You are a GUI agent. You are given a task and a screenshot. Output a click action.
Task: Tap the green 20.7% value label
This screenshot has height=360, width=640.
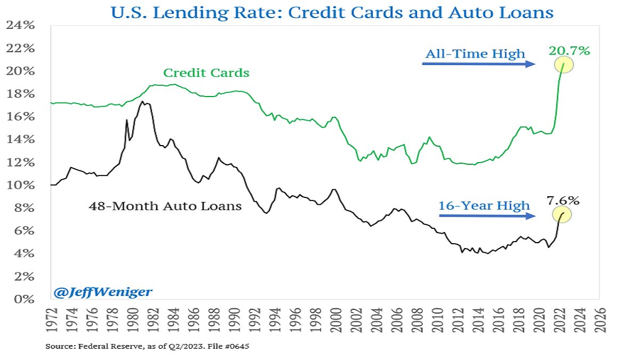(x=569, y=51)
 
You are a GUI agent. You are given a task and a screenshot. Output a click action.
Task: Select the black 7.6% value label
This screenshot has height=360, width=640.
(x=563, y=201)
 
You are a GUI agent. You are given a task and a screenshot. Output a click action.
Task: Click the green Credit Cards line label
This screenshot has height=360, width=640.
(x=206, y=73)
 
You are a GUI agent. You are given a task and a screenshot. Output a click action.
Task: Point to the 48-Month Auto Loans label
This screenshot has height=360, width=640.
(x=165, y=206)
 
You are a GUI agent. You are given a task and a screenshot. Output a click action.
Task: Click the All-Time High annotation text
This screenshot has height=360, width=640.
(x=475, y=53)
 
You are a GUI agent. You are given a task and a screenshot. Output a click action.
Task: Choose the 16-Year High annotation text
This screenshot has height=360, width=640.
(x=484, y=205)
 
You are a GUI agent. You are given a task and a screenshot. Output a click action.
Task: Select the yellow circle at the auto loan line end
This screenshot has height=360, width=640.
(x=564, y=214)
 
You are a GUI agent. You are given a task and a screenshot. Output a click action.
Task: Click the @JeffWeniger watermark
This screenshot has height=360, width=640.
(x=102, y=292)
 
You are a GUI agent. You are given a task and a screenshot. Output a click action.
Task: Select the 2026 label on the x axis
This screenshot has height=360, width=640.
(x=601, y=319)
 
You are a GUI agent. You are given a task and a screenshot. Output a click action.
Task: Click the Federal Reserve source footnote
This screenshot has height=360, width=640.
(x=147, y=347)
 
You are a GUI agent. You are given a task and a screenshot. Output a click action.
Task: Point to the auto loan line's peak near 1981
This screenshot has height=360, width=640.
(x=142, y=101)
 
